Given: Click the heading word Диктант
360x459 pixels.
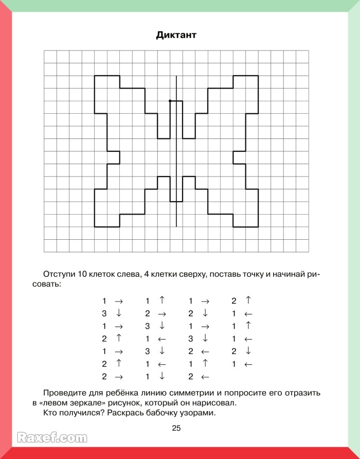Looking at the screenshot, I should [x=176, y=36].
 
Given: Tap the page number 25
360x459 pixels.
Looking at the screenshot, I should [x=176, y=428].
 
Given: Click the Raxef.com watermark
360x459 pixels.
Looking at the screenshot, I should [x=51, y=438].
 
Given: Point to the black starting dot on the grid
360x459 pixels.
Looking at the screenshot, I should [x=170, y=101].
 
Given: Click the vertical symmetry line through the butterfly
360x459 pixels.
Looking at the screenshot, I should [x=176, y=154].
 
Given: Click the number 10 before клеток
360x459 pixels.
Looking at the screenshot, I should [x=83, y=274].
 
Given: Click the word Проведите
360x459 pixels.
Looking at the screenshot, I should [x=66, y=393].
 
